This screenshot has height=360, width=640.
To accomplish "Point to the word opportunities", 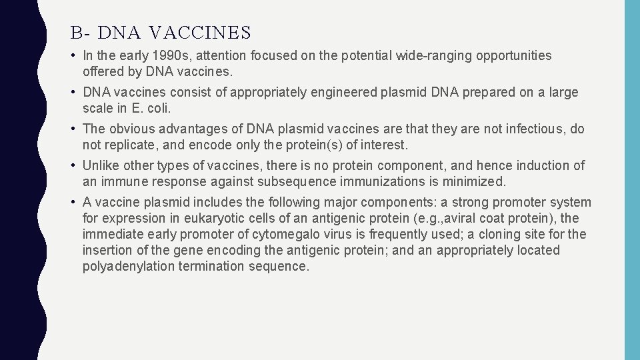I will click(513, 56).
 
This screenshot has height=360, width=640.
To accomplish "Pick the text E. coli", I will click(159, 108).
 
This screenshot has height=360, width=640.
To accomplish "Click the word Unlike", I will click(101, 166).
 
